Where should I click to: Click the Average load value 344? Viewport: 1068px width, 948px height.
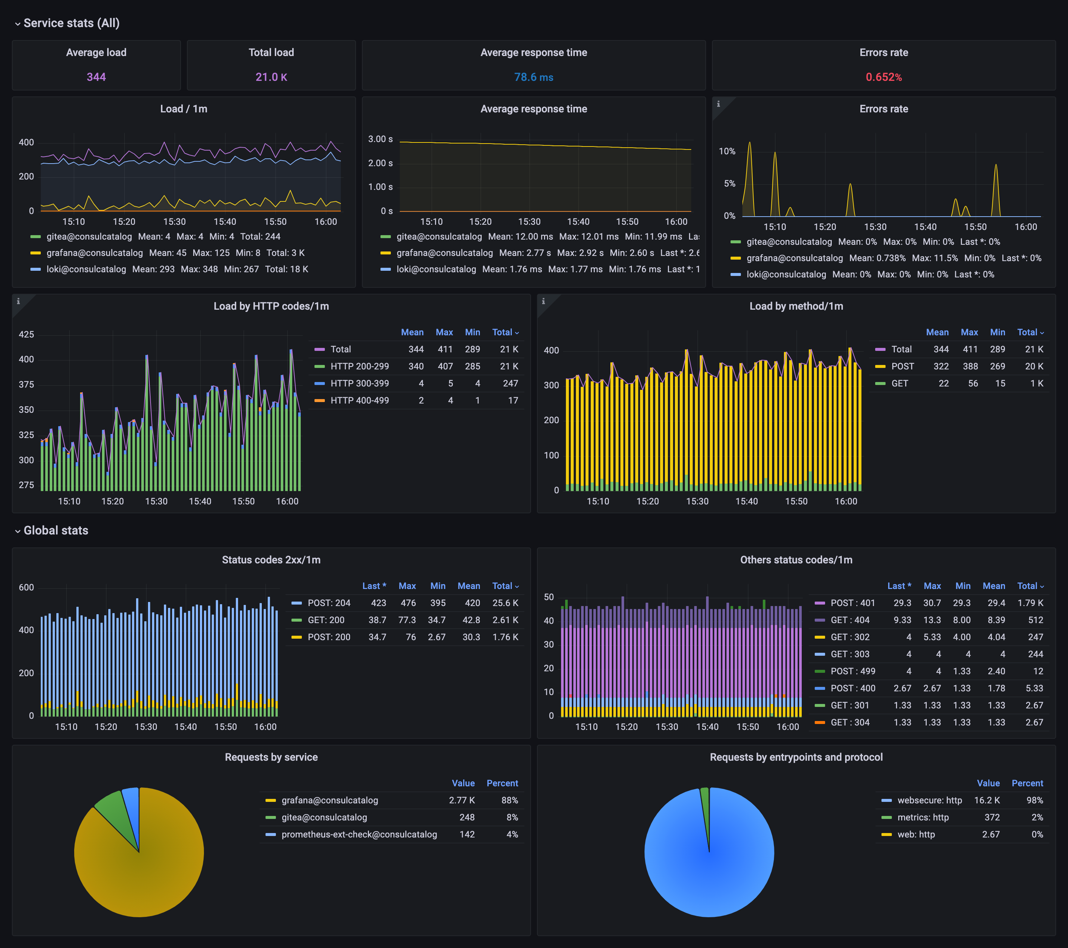pyautogui.click(x=96, y=77)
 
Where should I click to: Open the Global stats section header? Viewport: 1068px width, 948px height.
pyautogui.click(x=55, y=530)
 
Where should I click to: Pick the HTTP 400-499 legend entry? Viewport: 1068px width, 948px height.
pyautogui.click(x=359, y=400)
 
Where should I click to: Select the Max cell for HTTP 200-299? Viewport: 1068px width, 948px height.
pyautogui.click(x=445, y=366)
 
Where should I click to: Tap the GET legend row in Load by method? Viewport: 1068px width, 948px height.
pyautogui.click(x=899, y=384)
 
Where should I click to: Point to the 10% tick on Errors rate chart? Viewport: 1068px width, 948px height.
pyautogui.click(x=726, y=152)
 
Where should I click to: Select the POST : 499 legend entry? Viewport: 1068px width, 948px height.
pyautogui.click(x=852, y=671)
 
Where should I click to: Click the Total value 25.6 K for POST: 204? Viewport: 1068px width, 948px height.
pyautogui.click(x=505, y=603)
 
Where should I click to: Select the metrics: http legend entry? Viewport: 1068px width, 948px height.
pyautogui.click(x=922, y=817)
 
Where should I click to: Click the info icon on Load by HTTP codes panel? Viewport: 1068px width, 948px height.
pyautogui.click(x=18, y=301)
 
